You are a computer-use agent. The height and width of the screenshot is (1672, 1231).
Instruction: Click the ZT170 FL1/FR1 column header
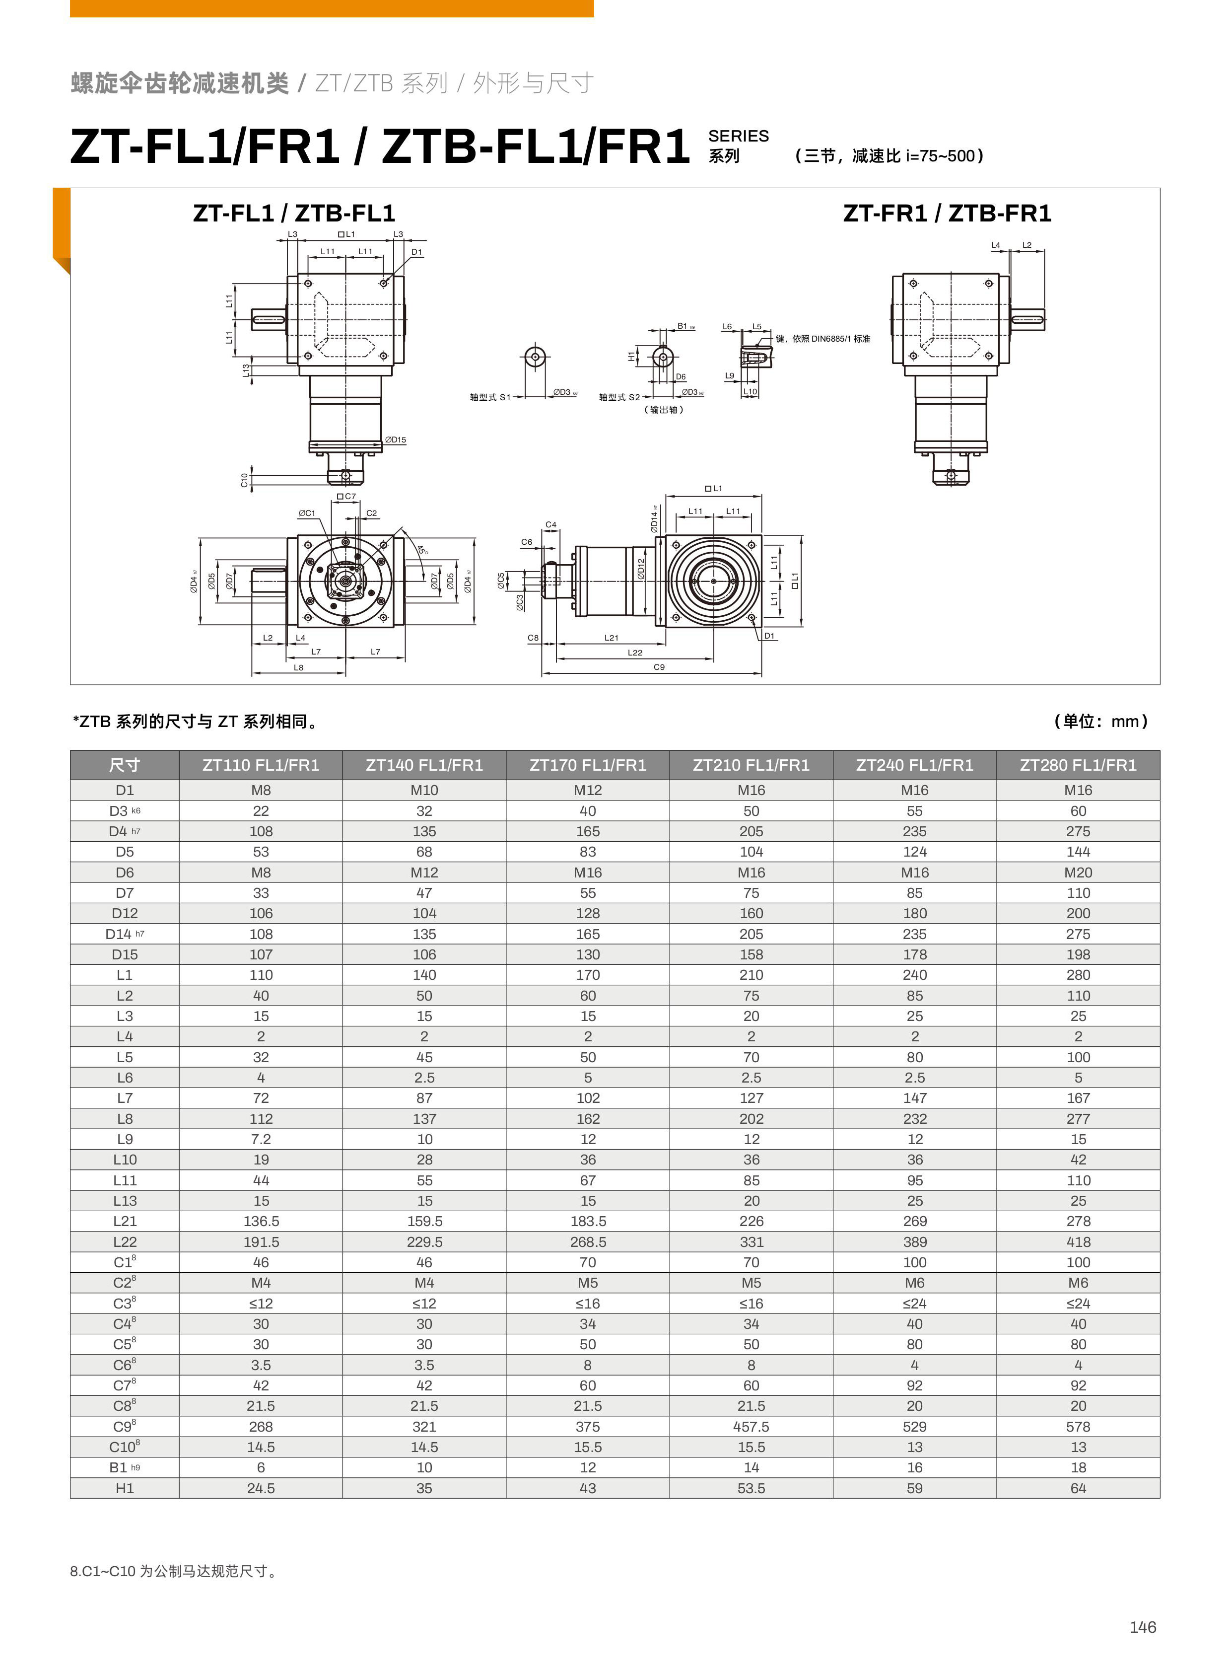point(587,765)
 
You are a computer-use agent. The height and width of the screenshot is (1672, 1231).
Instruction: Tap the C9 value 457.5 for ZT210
point(751,1426)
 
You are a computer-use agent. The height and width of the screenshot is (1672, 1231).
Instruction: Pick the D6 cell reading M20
point(1078,872)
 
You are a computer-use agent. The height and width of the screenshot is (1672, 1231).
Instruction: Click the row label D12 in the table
point(125,913)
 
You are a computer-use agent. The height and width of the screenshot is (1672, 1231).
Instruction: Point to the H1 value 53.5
point(751,1488)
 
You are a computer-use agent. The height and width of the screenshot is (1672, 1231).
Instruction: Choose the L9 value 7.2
point(261,1139)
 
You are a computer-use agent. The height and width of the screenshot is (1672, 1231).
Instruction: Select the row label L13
point(125,1201)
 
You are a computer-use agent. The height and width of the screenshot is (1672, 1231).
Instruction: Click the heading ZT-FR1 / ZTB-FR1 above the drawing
point(947,214)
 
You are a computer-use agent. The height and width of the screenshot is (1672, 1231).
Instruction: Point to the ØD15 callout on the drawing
point(396,440)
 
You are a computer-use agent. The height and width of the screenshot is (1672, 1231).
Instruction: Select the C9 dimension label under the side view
point(659,667)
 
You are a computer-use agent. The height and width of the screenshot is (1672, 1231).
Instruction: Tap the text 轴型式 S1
point(489,397)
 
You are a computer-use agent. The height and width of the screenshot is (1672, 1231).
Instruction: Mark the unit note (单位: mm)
point(1100,721)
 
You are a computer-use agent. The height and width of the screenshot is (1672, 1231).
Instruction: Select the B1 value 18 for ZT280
point(1078,1467)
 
